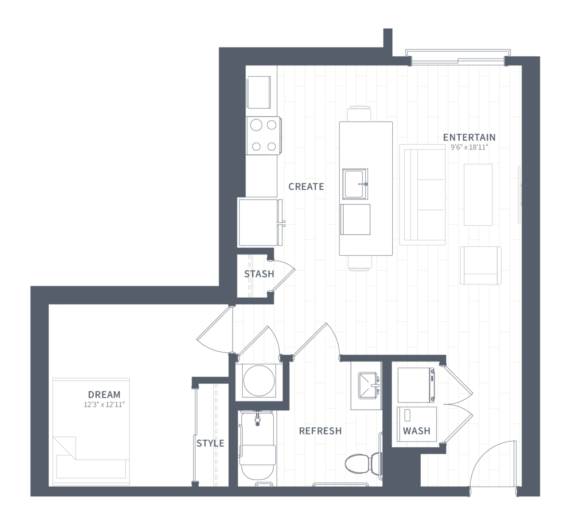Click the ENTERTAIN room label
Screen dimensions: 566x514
469,137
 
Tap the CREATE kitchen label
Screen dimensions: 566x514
306,186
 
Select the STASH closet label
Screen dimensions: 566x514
259,274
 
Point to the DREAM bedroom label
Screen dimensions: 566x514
104,394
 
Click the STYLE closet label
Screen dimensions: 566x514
211,443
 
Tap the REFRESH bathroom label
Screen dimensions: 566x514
320,431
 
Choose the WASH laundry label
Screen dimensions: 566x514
416,431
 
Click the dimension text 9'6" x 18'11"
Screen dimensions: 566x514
469,147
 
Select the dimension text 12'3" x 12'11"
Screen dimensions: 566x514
104,404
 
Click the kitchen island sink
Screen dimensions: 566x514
355,184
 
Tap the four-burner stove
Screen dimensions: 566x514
264,135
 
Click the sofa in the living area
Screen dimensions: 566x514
422,195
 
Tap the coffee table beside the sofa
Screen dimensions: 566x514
478,195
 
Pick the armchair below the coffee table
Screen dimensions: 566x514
481,265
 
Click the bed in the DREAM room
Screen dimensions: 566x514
91,431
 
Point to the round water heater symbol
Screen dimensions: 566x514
259,381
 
